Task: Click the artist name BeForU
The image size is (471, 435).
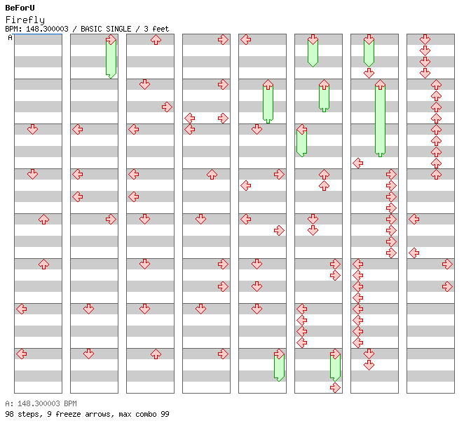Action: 20,8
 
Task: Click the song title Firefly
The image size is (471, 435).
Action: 25,20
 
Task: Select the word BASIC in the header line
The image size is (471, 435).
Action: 91,29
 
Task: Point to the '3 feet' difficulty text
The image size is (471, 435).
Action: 156,29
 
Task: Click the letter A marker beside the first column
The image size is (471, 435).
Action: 11,37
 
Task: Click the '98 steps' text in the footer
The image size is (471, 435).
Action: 23,414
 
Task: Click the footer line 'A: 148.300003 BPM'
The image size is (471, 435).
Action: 41,403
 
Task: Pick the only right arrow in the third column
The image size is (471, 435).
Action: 167,107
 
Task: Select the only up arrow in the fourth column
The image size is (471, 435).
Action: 212,175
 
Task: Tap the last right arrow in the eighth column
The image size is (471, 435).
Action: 447,287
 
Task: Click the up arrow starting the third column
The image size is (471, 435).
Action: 156,40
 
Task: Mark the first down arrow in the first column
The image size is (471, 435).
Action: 32,130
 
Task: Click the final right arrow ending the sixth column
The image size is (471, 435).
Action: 335,388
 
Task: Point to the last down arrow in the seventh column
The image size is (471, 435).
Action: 369,366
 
